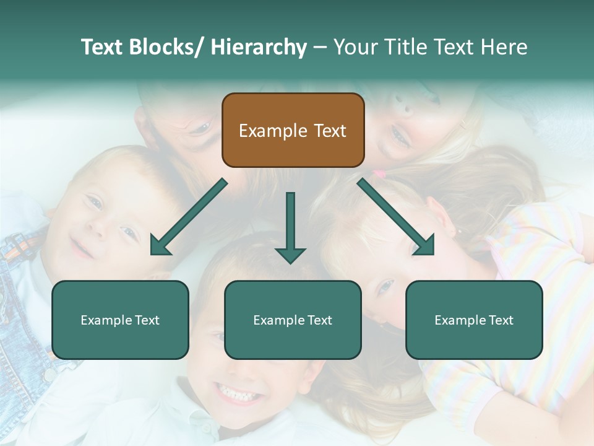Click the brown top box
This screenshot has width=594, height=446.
293,130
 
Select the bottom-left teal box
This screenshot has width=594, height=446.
120,320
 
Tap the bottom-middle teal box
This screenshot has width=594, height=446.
293,320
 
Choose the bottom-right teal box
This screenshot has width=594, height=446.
474,320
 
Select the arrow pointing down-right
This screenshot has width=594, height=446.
396,217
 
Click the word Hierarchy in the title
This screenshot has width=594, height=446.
259,47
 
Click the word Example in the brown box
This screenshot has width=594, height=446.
273,131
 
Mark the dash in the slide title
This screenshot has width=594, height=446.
320,48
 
